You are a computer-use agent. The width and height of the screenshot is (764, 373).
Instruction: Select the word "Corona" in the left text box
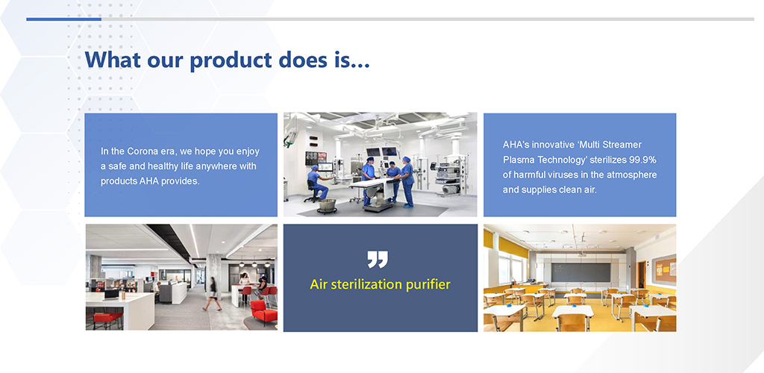coord(144,151)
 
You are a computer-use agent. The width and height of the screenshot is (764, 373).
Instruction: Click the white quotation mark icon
coord(378,260)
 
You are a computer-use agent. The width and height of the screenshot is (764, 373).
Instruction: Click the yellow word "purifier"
coord(429,285)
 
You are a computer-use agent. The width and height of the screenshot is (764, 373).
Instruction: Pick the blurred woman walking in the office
coord(212,294)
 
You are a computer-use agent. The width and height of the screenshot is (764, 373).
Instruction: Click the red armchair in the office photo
coord(263,313)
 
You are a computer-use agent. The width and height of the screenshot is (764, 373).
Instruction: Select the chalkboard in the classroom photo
coord(580,272)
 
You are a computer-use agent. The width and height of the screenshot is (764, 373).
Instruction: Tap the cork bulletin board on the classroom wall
coord(665,269)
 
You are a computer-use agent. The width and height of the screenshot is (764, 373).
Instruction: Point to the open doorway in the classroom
coord(642,275)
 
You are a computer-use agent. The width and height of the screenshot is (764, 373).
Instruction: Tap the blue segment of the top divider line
coord(64,19)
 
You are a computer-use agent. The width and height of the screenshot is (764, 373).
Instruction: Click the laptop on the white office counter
coord(112,294)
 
